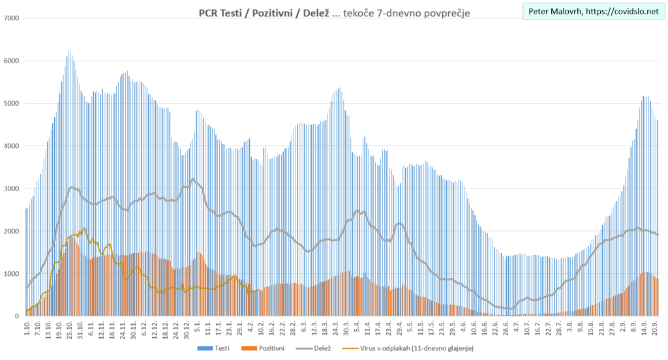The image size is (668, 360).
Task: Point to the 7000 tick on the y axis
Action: tap(12, 18)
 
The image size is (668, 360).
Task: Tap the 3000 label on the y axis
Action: tap(12, 188)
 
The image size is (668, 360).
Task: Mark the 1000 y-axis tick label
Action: tap(12, 274)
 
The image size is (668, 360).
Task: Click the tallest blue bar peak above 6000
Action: tap(68, 52)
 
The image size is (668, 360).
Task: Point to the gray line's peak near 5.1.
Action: tap(193, 179)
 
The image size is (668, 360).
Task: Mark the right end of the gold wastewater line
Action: tap(260, 291)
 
